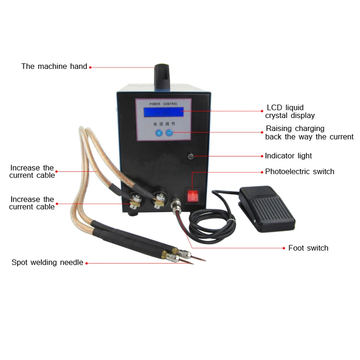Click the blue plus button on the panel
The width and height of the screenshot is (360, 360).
coord(159,133)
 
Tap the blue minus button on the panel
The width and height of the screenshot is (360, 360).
coord(169,133)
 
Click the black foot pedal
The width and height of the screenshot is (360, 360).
coord(267,206)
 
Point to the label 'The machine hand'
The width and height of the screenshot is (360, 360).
coord(54,67)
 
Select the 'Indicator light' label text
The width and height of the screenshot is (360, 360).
coord(288,156)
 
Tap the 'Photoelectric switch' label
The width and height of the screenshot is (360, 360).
coord(300,171)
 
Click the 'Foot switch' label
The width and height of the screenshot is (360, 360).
coord(308,248)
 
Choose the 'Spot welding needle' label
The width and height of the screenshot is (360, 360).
coord(47,262)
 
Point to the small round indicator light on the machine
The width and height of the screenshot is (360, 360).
coord(190,156)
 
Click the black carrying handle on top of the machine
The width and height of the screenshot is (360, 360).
coord(162,75)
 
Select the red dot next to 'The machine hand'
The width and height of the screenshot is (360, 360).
coord(90,67)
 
